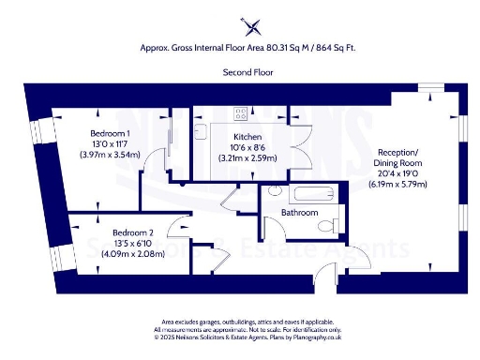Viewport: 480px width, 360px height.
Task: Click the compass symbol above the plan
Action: click(x=247, y=24)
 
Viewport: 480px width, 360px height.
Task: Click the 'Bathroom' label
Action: click(x=299, y=213)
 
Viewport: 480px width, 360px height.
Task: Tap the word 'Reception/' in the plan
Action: click(x=400, y=152)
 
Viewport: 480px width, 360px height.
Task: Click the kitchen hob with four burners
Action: click(x=241, y=114)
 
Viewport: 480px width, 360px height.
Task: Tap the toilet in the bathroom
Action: click(x=335, y=226)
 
